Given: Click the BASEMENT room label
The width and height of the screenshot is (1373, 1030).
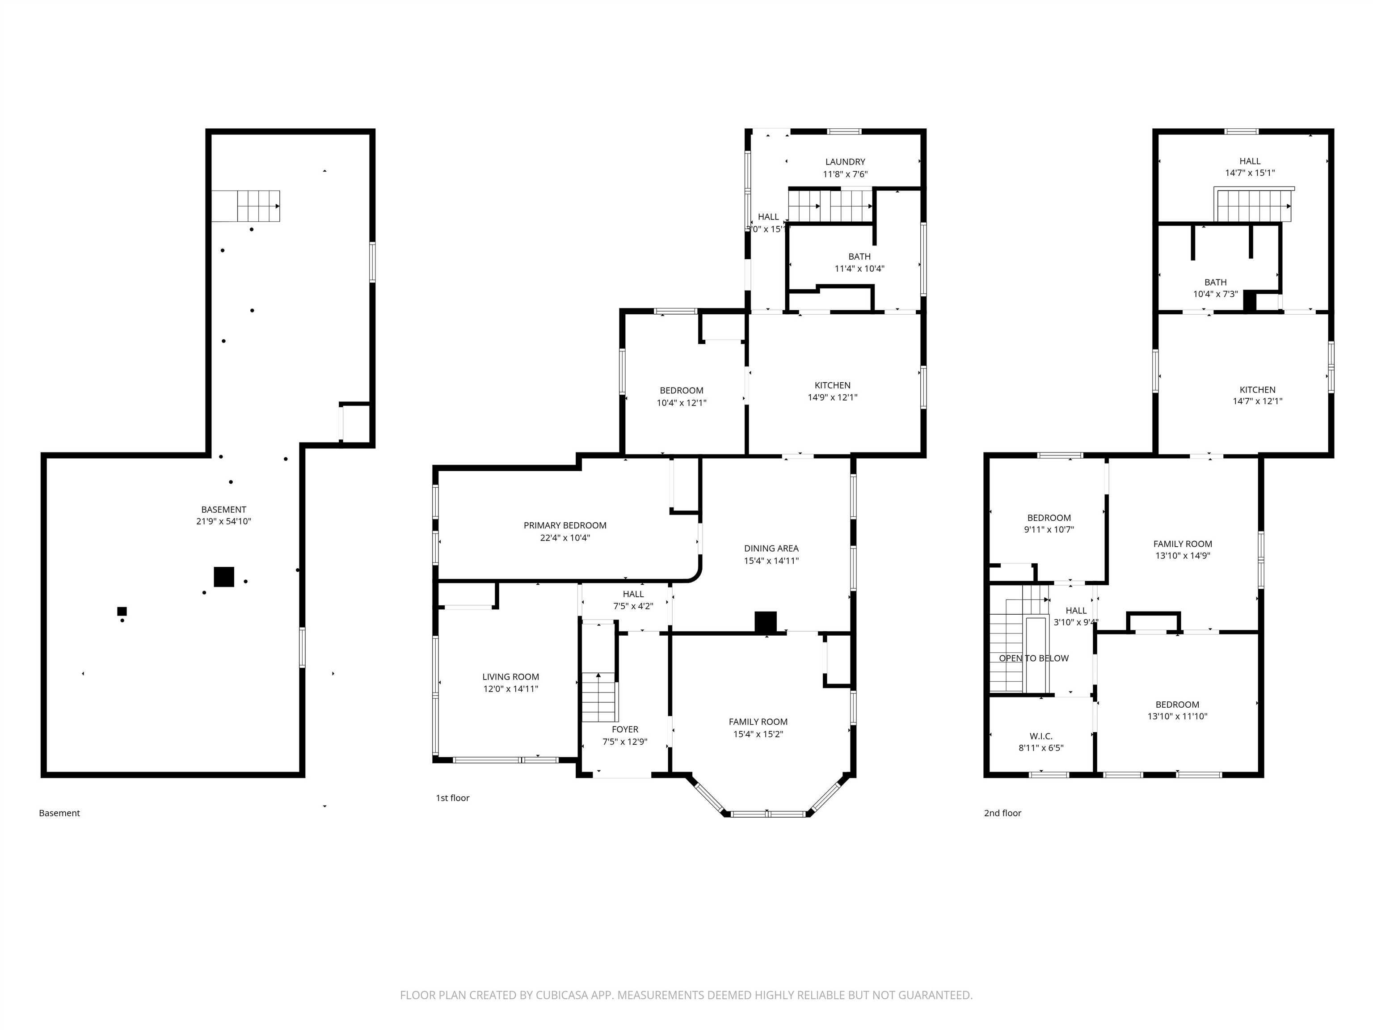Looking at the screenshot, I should click(223, 510).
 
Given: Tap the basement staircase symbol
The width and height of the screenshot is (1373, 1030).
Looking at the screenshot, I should click(246, 206).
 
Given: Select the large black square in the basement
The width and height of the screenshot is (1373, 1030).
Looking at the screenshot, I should click(224, 577).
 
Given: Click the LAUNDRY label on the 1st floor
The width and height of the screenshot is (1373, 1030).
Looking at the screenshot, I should click(845, 162).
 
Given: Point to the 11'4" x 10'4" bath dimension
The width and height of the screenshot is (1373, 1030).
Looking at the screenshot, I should click(859, 269).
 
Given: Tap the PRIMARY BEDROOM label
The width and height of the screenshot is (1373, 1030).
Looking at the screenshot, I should click(565, 526).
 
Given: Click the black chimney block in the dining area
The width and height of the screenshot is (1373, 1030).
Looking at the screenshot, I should click(765, 622).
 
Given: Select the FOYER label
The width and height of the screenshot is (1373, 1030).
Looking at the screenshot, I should click(624, 730).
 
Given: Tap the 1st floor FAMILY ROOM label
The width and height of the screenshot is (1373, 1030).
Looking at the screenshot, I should click(758, 722).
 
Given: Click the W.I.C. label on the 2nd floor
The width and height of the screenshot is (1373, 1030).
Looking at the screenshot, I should click(1040, 736).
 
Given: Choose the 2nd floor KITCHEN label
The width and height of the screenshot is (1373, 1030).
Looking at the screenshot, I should click(1257, 390).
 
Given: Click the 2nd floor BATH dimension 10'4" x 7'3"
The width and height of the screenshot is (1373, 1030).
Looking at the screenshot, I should click(1215, 294).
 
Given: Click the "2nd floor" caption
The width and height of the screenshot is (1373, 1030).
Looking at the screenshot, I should click(1002, 813).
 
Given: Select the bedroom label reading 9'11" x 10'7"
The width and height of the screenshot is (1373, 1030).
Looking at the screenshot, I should click(1049, 530).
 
